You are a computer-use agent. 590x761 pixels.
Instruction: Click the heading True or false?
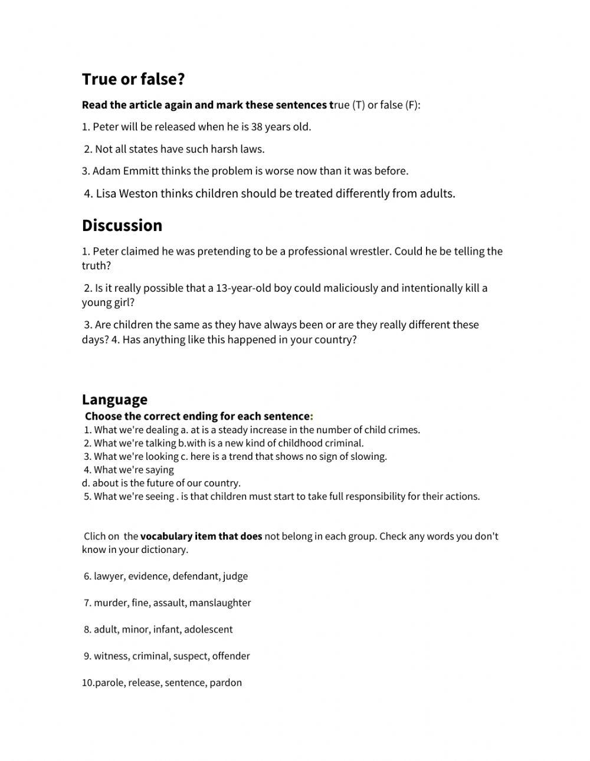coord(133,79)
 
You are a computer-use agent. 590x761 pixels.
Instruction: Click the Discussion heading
coord(122,225)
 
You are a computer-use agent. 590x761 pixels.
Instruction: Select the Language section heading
coord(114,399)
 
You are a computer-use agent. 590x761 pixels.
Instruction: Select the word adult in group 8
coord(106,629)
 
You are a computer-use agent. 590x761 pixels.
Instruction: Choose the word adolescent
coord(208,629)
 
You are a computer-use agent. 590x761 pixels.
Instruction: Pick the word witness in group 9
coord(110,655)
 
